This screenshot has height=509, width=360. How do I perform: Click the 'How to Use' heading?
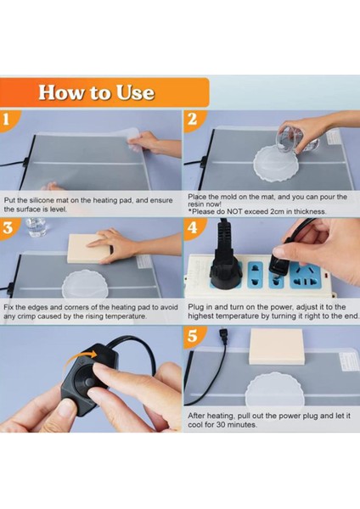(x=96, y=92)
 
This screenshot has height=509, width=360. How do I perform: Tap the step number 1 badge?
(x=7, y=120)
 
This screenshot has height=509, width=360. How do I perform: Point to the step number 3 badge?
(x=8, y=227)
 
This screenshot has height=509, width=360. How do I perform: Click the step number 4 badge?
(x=193, y=227)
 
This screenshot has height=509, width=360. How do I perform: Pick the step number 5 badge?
(x=193, y=336)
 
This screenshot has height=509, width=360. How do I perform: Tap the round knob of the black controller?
(x=86, y=383)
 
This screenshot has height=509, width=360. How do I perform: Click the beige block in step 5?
(x=276, y=346)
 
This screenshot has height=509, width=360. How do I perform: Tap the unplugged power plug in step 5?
(x=223, y=338)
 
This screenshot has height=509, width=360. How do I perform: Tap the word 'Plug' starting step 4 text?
(x=195, y=307)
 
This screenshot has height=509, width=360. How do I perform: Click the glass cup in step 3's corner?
(x=36, y=227)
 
